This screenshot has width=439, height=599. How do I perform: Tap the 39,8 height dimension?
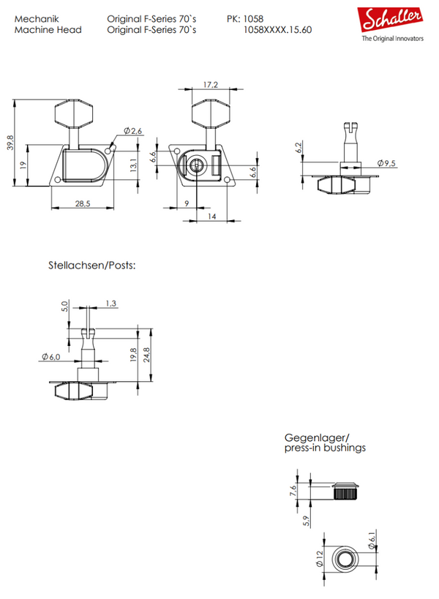(x=11, y=143)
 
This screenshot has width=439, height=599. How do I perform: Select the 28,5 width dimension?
(x=83, y=203)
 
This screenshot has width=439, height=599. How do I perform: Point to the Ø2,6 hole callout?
(x=133, y=131)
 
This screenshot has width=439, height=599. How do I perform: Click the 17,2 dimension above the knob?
(x=211, y=84)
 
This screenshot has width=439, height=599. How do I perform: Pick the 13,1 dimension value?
(x=132, y=165)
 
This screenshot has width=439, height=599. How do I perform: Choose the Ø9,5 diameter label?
(x=386, y=164)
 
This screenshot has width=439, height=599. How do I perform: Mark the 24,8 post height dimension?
(x=147, y=355)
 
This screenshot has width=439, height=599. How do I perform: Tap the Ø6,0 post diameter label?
(x=51, y=357)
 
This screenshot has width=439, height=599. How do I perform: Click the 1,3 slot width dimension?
(x=110, y=304)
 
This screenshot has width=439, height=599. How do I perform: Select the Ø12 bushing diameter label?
(x=320, y=559)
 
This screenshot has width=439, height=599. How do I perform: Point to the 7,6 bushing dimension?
(x=293, y=491)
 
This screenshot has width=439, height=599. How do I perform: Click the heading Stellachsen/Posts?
(x=91, y=265)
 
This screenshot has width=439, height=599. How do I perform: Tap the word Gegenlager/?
(x=317, y=438)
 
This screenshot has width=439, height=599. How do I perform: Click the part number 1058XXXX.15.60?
(x=277, y=30)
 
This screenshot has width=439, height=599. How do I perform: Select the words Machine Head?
(x=48, y=30)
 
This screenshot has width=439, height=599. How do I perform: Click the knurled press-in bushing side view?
(x=346, y=491)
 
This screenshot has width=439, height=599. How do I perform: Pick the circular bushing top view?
(x=345, y=559)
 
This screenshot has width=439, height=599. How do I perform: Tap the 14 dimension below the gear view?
(x=211, y=216)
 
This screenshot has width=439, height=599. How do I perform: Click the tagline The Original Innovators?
(x=393, y=38)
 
